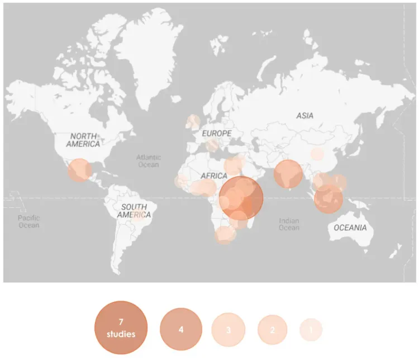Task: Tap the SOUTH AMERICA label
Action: pos(134,211)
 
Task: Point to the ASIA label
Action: pos(305,116)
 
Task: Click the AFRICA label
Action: pos(214,176)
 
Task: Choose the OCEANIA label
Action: pos(350,228)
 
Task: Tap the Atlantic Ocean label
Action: pos(148,161)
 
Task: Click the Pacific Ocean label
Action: pos(28,221)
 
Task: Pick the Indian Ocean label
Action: pos(289,224)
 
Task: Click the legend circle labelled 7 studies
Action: pos(121,328)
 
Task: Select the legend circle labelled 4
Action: pos(181,329)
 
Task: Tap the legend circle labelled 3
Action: pos(228,330)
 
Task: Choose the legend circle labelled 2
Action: pos(273,330)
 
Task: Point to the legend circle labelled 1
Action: pos(311,330)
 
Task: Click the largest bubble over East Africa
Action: pos(241,198)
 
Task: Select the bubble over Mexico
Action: pos(80,170)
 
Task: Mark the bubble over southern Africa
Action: pos(225,235)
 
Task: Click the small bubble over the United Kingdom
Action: pos(193,121)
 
